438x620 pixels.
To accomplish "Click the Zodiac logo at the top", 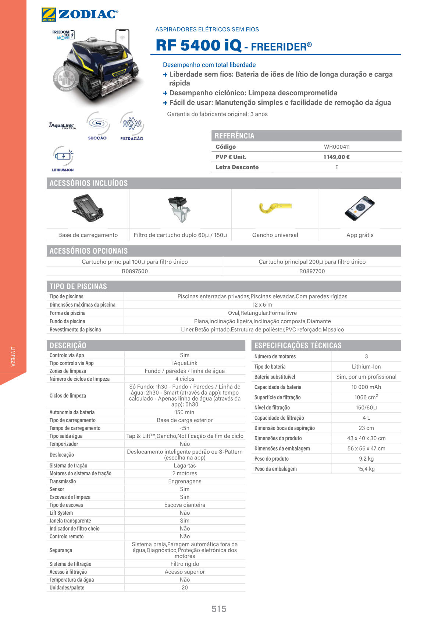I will point(80,14).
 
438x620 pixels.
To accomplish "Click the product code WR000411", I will point(336,147).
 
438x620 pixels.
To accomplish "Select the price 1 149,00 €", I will point(336,157).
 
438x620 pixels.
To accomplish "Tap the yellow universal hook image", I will point(275,208).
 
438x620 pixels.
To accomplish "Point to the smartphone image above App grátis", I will point(359,208).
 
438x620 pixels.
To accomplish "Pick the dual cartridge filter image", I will point(180,209).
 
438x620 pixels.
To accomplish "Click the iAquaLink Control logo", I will point(63,126).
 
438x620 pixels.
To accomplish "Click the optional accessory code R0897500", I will point(135,271).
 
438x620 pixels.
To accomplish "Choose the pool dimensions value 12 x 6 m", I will point(262,305).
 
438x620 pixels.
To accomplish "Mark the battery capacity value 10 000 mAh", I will point(366,387).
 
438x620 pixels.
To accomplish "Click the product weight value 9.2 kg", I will point(366,459).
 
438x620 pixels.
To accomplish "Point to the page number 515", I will point(219,609).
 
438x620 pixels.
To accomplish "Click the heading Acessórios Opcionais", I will point(89,251).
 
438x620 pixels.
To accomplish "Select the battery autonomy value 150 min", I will point(185,412).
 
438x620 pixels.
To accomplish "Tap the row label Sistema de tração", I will point(68,466).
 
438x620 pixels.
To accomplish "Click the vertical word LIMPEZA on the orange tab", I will point(13,356).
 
